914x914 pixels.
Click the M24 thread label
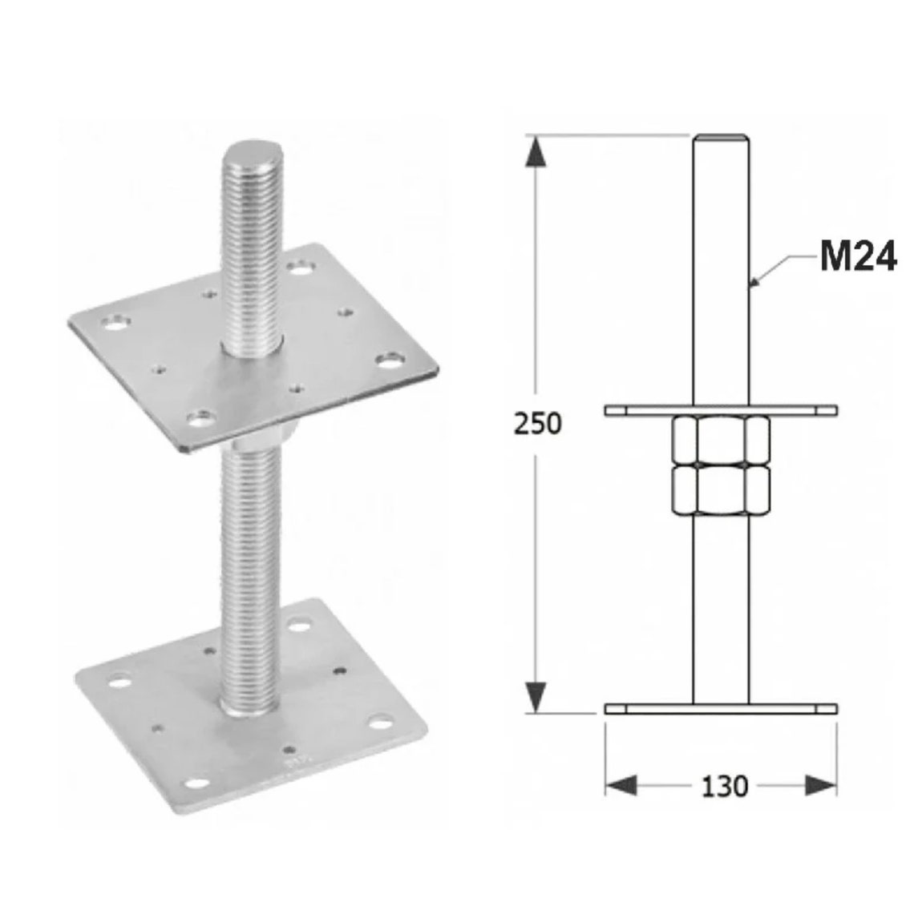(x=857, y=257)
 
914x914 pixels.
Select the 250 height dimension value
(x=538, y=424)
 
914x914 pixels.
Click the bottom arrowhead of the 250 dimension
(x=536, y=695)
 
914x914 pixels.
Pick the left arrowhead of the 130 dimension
(x=620, y=785)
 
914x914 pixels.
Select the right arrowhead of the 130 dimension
(x=821, y=785)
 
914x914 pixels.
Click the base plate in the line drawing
(x=722, y=709)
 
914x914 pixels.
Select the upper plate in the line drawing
(x=722, y=410)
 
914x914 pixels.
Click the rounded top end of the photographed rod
(x=249, y=153)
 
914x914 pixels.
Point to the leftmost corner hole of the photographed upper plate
(x=115, y=324)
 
